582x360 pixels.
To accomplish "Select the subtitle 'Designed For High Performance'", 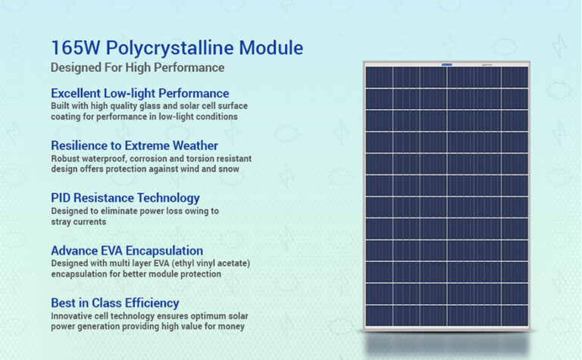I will (x=137, y=67).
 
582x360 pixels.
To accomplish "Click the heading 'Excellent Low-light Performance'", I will (x=139, y=93).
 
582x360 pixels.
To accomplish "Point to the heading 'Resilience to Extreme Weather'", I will (x=134, y=146).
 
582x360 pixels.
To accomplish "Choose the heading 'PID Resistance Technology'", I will (x=125, y=198).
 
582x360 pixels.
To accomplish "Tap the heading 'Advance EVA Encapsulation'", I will (x=127, y=250).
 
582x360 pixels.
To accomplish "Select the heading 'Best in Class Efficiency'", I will (x=114, y=302).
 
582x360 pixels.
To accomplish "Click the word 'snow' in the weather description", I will (x=229, y=169).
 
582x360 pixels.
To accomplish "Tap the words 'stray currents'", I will (x=78, y=222).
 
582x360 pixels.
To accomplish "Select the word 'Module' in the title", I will (x=270, y=48).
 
